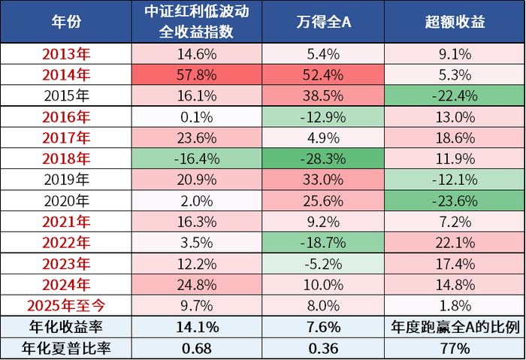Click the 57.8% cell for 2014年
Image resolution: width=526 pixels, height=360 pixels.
tap(198, 74)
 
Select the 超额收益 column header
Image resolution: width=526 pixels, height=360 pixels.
tap(455, 22)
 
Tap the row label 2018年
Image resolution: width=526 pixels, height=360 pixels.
tap(66, 159)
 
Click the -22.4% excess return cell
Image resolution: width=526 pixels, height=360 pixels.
tap(455, 96)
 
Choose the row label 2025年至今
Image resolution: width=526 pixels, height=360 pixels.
tap(66, 305)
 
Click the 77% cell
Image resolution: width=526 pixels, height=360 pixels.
tap(455, 348)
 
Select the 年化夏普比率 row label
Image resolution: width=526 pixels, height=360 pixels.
tap(66, 348)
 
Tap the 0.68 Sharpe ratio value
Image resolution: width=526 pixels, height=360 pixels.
tap(198, 348)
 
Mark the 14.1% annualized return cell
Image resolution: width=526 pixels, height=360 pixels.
tap(198, 327)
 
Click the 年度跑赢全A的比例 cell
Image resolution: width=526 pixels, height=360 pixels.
tap(455, 327)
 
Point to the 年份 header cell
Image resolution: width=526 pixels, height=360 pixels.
tap(66, 22)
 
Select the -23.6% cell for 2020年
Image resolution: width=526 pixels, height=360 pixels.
tap(455, 201)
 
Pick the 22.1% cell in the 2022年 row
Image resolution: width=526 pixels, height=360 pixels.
tap(455, 244)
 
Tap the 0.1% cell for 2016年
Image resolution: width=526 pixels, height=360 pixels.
tap(198, 117)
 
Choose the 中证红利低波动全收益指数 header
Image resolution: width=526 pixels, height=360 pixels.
tap(198, 22)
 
